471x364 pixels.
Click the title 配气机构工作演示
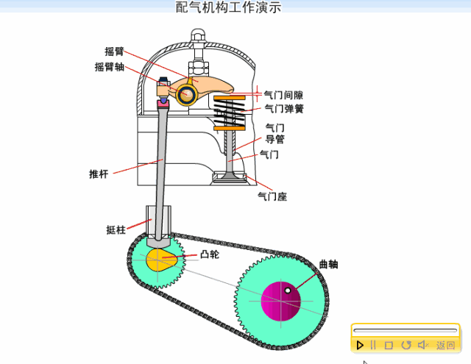coord(228,8)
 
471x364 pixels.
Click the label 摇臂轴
coord(109,66)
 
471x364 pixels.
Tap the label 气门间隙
coord(283,95)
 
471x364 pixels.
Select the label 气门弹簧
coord(283,109)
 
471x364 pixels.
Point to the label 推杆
coord(99,174)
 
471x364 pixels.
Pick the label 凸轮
coord(210,254)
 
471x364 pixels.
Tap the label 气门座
coord(272,196)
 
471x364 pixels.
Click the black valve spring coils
coord(230,114)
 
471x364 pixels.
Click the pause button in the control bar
coord(373,345)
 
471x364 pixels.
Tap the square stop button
coord(389,345)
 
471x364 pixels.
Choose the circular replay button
coord(406,345)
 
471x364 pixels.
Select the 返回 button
coord(445,345)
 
